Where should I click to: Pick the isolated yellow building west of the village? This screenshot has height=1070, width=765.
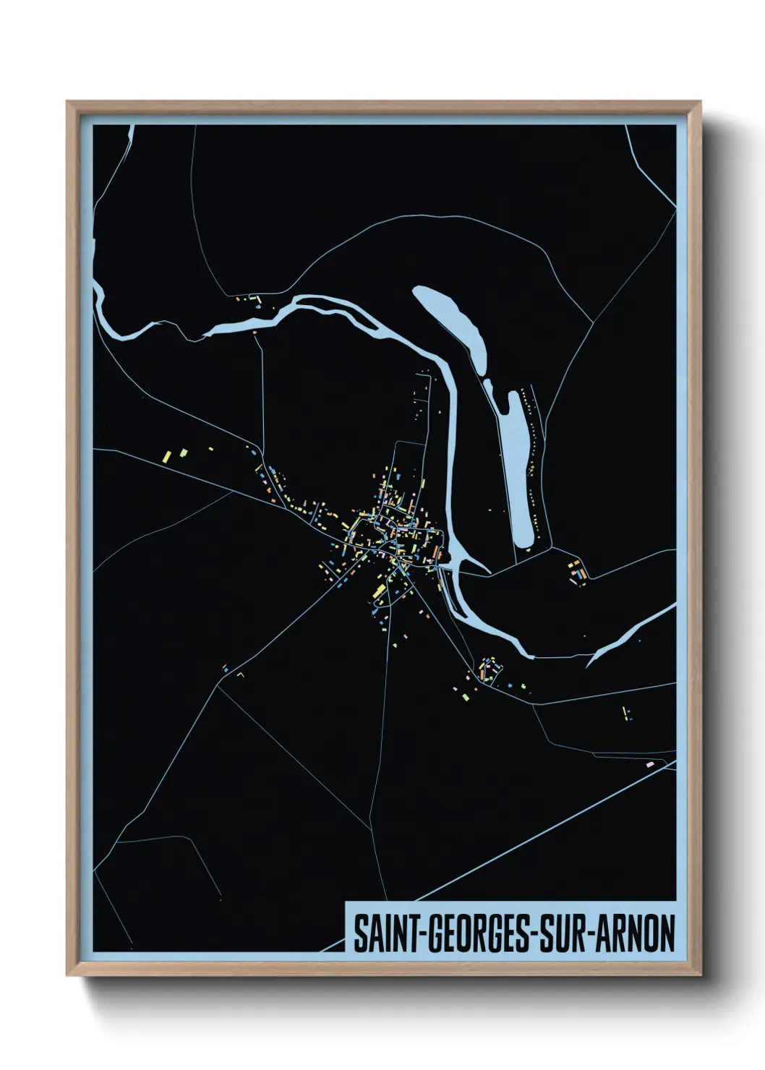[x=166, y=456]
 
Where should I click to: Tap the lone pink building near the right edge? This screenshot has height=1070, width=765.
[x=649, y=763]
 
